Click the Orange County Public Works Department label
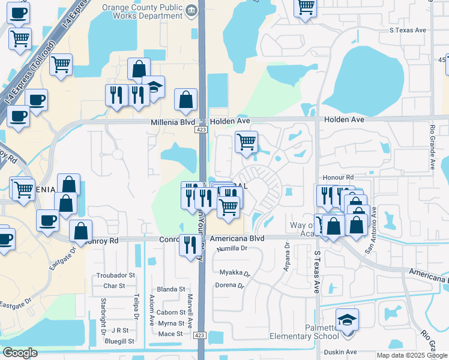tap(142, 12)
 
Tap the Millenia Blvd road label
tap(173, 122)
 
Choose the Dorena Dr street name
tap(229, 286)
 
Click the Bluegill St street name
tap(118, 341)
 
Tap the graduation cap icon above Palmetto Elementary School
tap(347, 319)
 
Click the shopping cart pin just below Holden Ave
tap(246, 142)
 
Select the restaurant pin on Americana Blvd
tap(190, 245)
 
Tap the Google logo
tap(20, 353)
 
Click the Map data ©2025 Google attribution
tap(411, 355)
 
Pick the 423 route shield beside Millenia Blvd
tap(201, 130)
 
